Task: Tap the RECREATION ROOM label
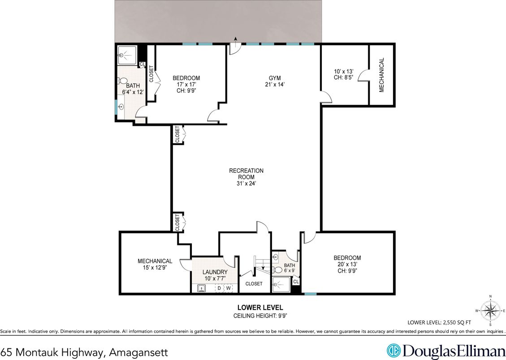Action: point(246,176)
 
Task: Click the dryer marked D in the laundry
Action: point(219,288)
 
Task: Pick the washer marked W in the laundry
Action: point(229,288)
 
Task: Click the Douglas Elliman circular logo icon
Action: point(394,349)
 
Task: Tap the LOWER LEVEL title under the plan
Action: point(260,307)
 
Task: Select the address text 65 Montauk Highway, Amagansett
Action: point(84,352)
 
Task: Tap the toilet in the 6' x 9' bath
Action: point(278,270)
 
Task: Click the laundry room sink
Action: point(201,288)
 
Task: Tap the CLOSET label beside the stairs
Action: point(254,283)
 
